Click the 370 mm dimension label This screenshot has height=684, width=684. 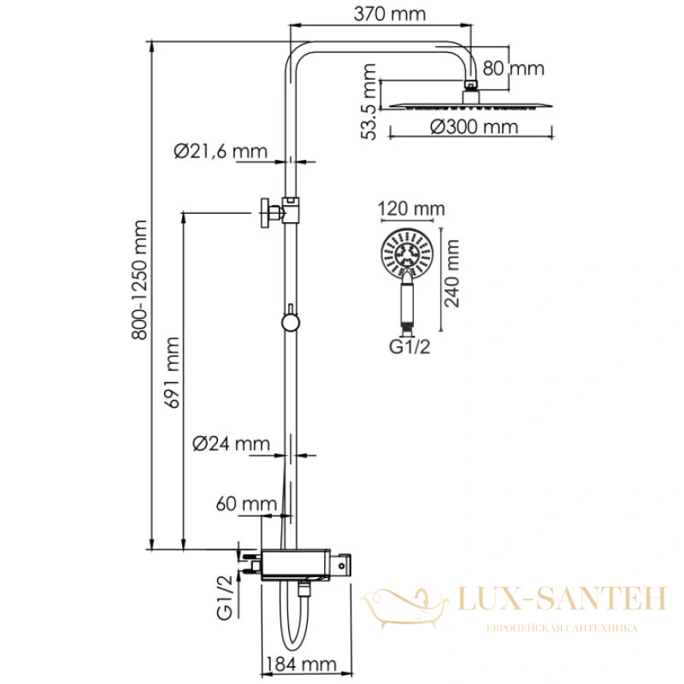click(x=390, y=14)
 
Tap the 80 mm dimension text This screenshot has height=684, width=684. click(x=514, y=68)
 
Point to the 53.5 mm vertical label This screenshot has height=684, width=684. click(x=369, y=101)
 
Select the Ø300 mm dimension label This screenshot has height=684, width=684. click(x=475, y=127)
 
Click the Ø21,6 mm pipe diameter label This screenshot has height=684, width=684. click(x=221, y=151)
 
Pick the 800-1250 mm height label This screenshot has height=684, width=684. click(x=139, y=280)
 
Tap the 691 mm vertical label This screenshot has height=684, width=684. click(x=172, y=373)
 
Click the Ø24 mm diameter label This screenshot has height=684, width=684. click(x=231, y=444)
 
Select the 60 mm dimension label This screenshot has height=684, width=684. click(x=246, y=504)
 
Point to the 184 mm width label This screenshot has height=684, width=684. click(x=302, y=664)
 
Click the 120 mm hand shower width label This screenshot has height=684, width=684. click(x=411, y=209)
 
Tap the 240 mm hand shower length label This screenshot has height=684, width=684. click(x=452, y=274)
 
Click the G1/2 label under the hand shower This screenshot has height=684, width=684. click(x=410, y=347)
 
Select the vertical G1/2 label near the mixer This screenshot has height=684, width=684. click(x=225, y=597)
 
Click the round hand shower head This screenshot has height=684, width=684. click(x=407, y=253)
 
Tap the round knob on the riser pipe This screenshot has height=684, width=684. click(x=291, y=322)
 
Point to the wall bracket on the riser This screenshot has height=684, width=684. click(x=280, y=211)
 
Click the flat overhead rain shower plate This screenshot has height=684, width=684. click(x=471, y=105)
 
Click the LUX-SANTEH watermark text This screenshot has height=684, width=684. click(x=562, y=598)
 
